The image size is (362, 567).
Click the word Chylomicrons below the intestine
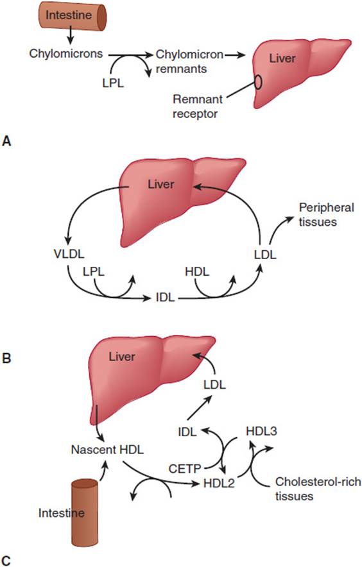point(66,53)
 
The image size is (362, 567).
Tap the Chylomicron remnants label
point(189,62)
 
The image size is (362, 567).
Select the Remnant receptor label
point(197,106)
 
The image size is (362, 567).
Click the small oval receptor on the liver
point(258,81)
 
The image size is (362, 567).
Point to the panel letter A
point(6,141)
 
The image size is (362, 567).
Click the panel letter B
point(6,358)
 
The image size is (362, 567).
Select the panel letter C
point(6,560)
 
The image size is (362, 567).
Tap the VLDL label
point(69,253)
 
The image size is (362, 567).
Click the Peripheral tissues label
point(326,214)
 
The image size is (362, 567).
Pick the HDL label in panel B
point(197,271)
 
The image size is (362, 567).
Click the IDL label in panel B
point(165,298)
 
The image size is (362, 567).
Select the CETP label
point(185,469)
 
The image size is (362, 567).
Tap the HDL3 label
point(261,431)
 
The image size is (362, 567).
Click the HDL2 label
point(219,483)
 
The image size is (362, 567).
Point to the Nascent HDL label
point(107,450)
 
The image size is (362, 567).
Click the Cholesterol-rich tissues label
point(318,489)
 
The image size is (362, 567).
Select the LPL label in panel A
point(113,83)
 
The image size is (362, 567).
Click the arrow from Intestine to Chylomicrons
point(71,35)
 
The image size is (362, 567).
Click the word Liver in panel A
point(282,58)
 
